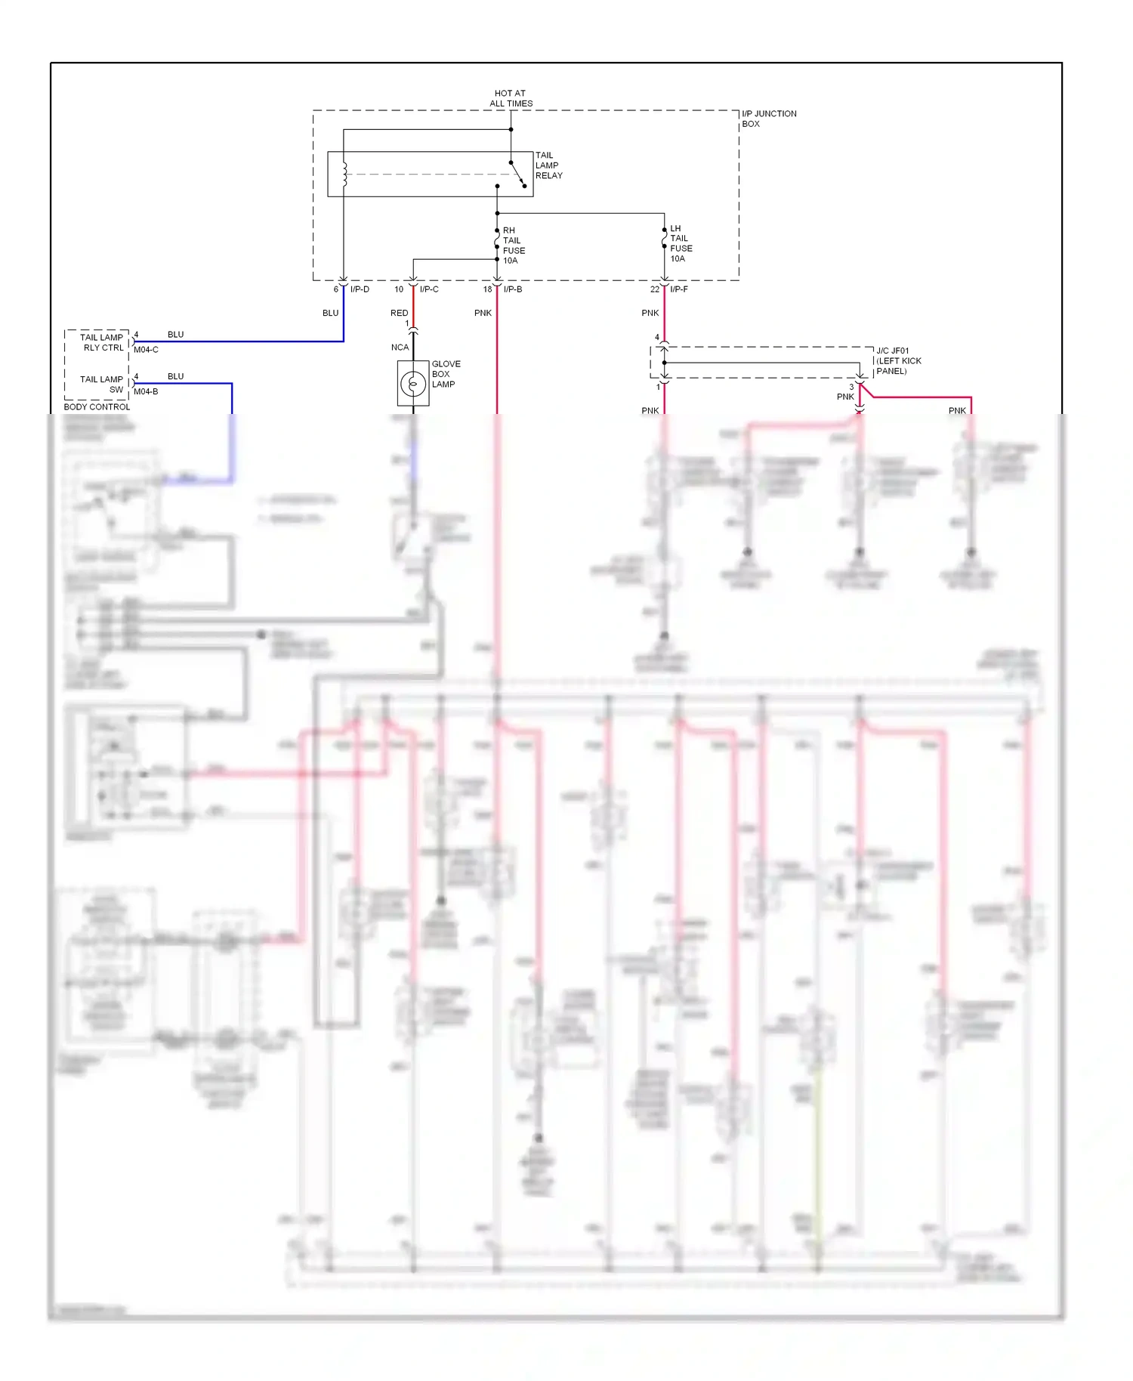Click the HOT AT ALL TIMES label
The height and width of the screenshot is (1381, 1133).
tap(511, 98)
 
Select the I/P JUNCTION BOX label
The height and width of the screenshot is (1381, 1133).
tap(768, 119)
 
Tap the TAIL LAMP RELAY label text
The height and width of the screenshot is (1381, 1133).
tap(548, 165)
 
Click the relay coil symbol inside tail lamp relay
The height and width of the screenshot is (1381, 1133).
tap(344, 175)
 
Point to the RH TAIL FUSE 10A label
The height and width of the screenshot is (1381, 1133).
tap(514, 246)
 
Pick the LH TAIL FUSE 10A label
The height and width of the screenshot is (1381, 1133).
tap(681, 243)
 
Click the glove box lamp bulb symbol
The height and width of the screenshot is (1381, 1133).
tap(413, 384)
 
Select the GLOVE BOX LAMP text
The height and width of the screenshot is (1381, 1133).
tap(446, 374)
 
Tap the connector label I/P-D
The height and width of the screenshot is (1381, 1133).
tap(360, 289)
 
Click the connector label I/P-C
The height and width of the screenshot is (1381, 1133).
tap(429, 289)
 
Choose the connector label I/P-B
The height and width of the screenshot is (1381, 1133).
tap(513, 289)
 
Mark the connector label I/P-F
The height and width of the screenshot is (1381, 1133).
tap(679, 289)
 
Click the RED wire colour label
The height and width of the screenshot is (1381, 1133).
tap(399, 313)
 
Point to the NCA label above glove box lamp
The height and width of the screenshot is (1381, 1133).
tap(400, 348)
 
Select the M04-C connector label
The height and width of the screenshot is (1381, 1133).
tap(146, 350)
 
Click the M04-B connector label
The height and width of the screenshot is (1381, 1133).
tap(146, 391)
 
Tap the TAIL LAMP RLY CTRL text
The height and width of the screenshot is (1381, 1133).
tap(102, 342)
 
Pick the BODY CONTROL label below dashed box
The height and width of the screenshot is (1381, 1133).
tap(97, 406)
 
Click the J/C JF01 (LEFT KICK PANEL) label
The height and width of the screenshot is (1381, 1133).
tap(898, 361)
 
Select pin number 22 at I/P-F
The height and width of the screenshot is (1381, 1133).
tap(654, 289)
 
